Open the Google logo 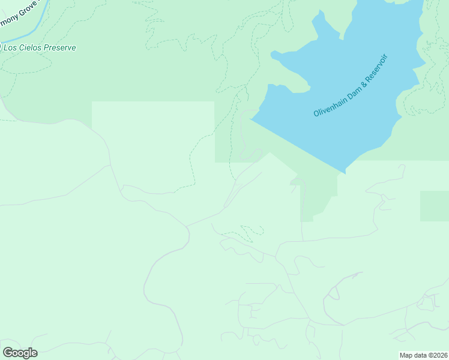pos(20,352)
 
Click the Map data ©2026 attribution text pos(423,355)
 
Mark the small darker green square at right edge pos(434,206)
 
